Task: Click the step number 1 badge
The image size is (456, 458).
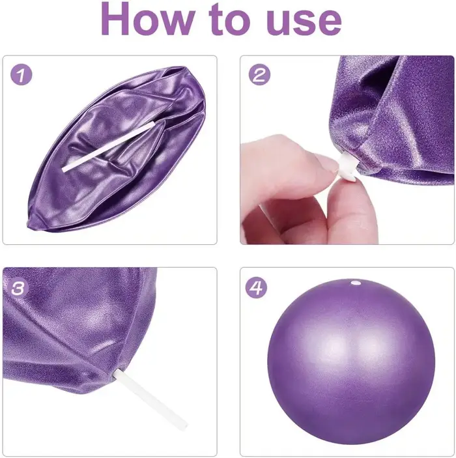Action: click(21, 75)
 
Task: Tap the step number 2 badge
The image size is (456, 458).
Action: click(259, 74)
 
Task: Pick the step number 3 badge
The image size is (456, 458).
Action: click(18, 288)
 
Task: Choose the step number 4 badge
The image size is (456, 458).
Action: click(256, 287)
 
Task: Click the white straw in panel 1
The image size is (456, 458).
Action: click(108, 147)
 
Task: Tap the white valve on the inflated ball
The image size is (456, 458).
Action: click(355, 283)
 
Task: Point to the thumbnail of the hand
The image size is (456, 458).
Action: click(326, 163)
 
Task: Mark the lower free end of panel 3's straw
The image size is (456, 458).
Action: click(184, 427)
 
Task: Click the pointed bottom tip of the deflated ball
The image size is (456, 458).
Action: click(28, 224)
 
